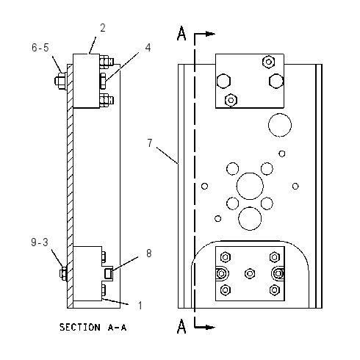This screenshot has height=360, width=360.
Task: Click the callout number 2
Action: tap(103, 28)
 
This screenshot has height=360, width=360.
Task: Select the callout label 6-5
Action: tap(40, 48)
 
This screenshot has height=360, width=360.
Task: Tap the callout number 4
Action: tap(148, 48)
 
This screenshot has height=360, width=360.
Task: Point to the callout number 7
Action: tap(150, 143)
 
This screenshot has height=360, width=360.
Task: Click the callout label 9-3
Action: tap(40, 242)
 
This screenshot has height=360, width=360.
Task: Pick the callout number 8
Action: tap(149, 253)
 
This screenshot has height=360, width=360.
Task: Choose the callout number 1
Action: tap(140, 306)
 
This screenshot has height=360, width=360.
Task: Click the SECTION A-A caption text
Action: tap(93, 327)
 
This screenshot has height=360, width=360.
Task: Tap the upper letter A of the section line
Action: tap(181, 33)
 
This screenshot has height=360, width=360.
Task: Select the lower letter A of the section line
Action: tap(181, 326)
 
